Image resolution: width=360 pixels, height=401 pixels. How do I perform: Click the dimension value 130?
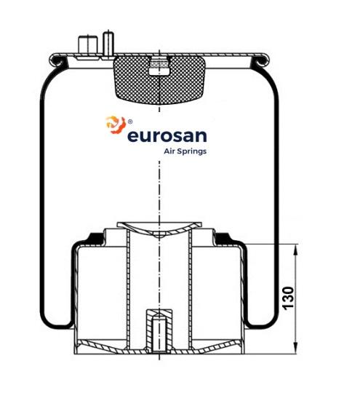[289, 298]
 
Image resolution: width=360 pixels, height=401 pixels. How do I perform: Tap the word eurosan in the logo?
[167, 136]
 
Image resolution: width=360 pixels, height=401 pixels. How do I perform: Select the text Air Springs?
[185, 151]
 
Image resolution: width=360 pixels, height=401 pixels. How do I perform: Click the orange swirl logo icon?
[116, 124]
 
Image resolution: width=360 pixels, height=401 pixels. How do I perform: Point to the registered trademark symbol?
[130, 122]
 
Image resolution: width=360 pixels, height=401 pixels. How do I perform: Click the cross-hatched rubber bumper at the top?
[159, 80]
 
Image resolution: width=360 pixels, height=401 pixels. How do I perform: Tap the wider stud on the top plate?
[88, 45]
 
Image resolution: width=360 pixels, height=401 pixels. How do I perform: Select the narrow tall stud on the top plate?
[108, 43]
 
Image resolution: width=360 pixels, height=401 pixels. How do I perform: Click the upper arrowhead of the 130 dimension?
[295, 249]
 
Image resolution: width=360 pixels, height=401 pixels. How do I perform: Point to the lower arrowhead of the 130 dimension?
[295, 349]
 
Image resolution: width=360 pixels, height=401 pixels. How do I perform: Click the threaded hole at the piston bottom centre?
[159, 333]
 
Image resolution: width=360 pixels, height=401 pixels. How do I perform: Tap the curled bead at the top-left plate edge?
[57, 61]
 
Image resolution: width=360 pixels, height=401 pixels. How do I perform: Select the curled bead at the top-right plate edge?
[261, 61]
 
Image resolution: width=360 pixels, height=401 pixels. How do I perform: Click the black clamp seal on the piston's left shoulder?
[96, 239]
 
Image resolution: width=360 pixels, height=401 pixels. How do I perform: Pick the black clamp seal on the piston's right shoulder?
[223, 239]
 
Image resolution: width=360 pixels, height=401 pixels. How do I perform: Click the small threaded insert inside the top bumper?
[159, 66]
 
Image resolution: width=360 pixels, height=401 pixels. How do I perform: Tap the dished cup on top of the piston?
[159, 229]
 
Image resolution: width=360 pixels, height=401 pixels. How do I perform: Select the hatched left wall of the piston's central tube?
[128, 289]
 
